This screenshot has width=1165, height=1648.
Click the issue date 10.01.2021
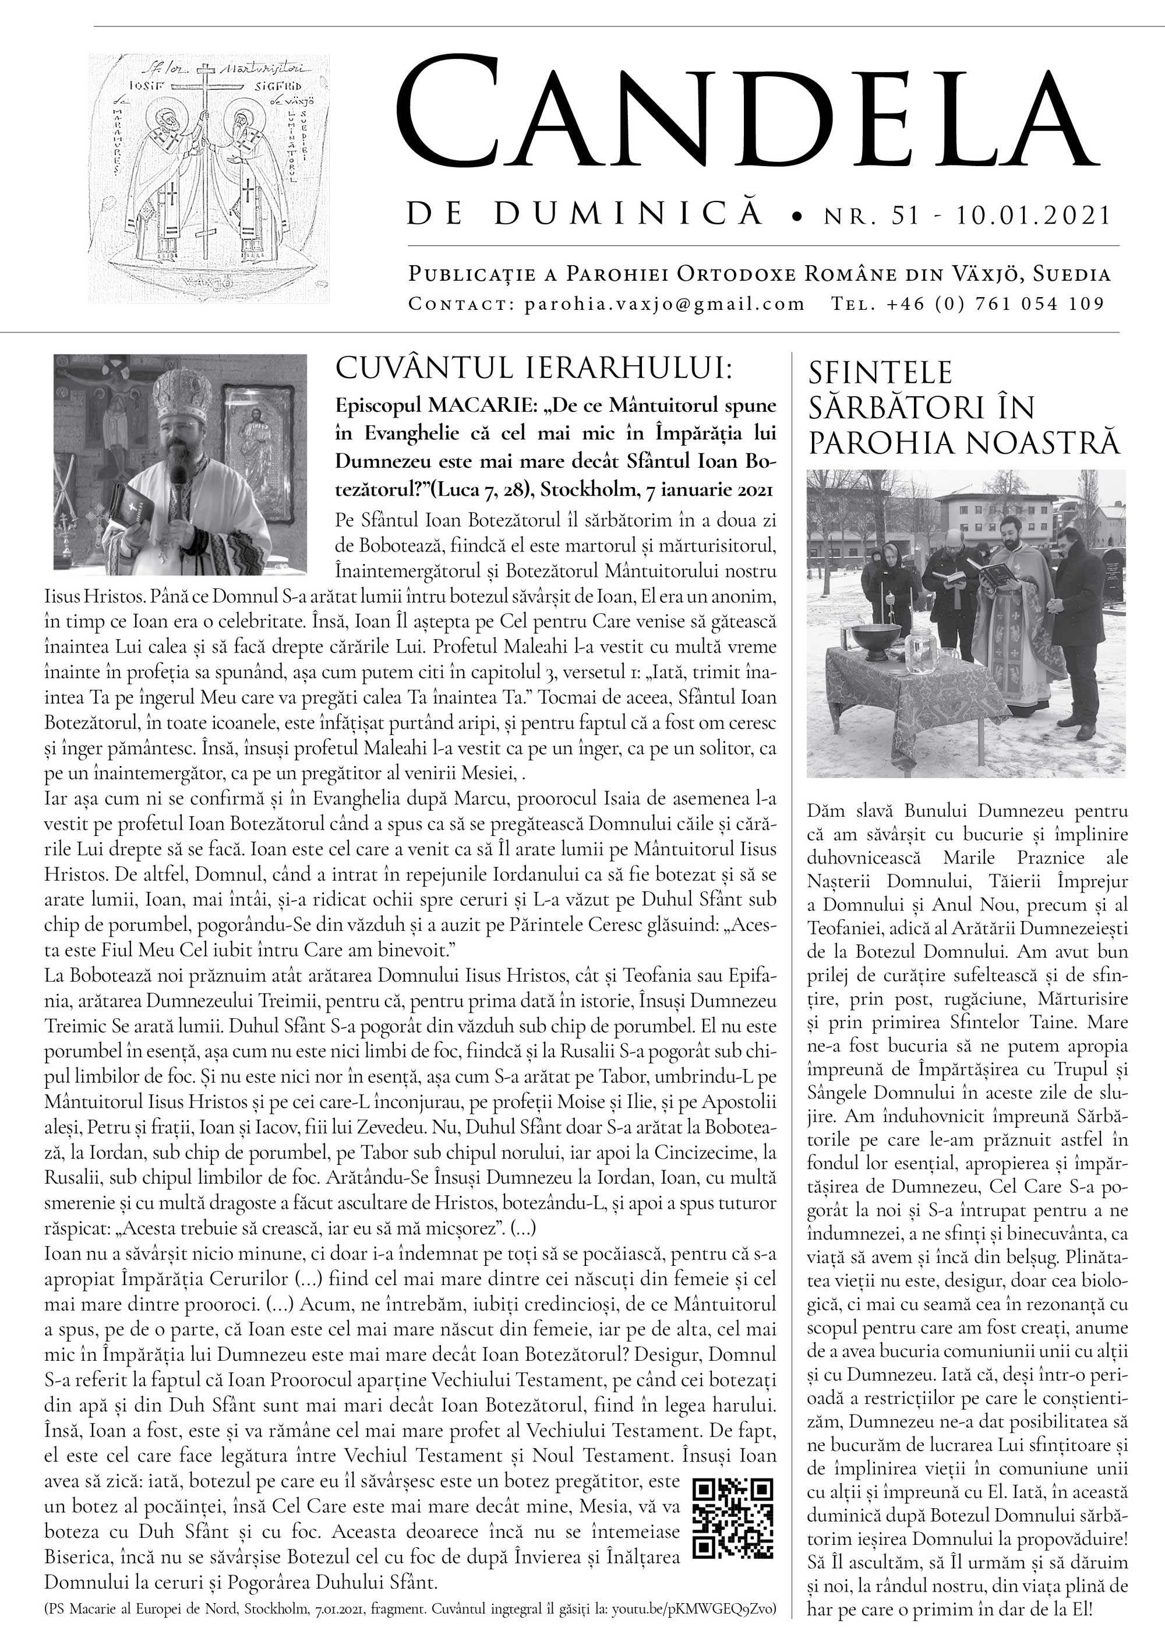(x=1033, y=216)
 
